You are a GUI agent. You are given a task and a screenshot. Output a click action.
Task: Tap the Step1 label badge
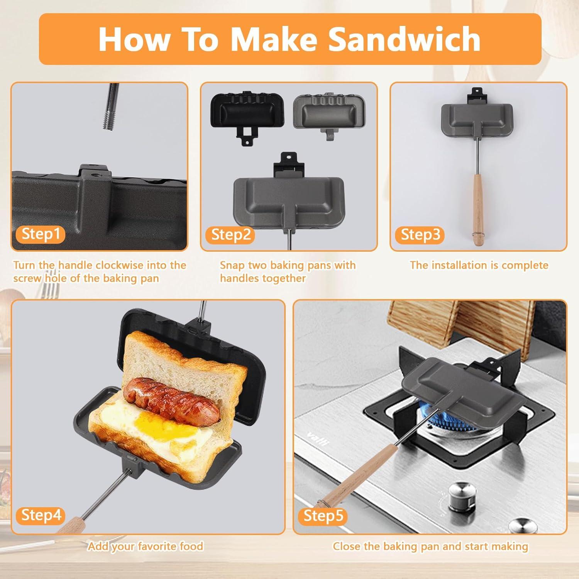(x=41, y=234)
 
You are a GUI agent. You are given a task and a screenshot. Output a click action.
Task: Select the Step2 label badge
(x=231, y=234)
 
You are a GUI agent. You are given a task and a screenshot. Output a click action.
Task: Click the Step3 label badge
(x=420, y=234)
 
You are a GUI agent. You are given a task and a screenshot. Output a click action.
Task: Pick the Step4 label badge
(x=41, y=515)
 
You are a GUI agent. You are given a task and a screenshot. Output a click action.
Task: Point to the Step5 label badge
(x=323, y=515)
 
